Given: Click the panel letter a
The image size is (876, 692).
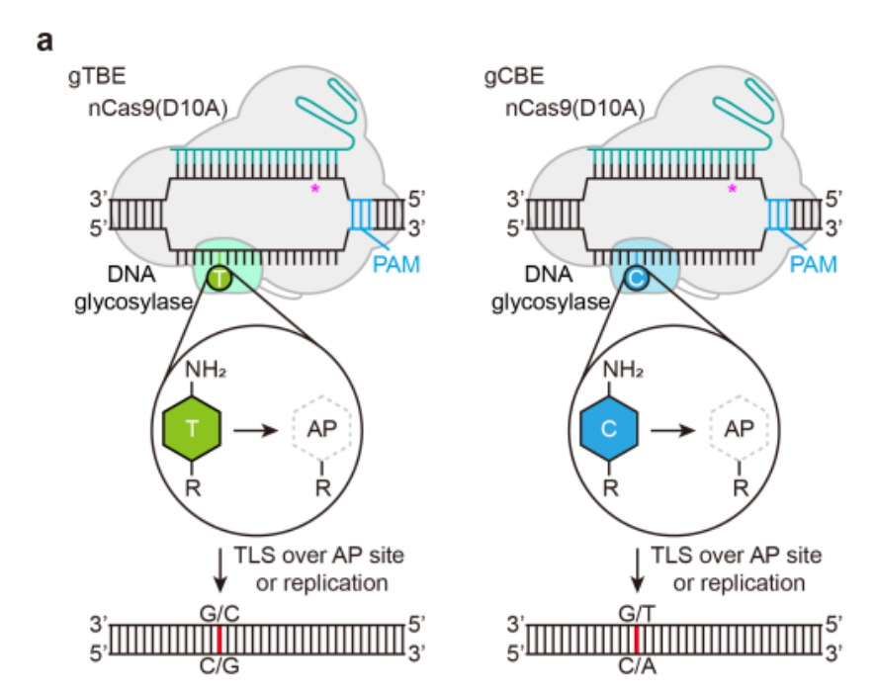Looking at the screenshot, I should coord(44,42).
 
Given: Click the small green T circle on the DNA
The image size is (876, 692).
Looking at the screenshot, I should coord(219,281).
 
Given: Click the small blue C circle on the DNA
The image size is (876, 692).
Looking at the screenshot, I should coord(638,281).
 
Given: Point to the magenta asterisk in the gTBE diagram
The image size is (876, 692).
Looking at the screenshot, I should coord(315,188).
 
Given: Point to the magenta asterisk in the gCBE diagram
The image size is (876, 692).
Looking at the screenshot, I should coord(733,188).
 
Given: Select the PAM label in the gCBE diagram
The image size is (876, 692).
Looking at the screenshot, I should coord(814,265).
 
